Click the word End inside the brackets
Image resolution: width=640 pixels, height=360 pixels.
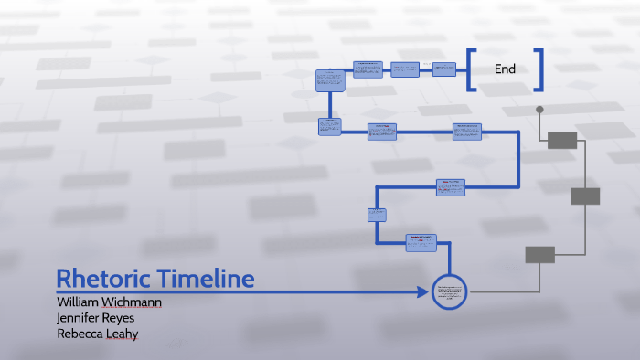click(505, 69)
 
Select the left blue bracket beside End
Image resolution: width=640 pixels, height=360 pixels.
click(471, 69)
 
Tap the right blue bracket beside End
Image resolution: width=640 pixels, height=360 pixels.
click(539, 69)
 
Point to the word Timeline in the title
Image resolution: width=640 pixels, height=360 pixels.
click(204, 279)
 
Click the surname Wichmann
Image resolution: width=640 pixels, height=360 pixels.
click(135, 302)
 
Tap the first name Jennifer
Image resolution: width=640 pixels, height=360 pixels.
click(80, 317)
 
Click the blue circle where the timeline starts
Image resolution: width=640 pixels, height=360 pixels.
click(449, 292)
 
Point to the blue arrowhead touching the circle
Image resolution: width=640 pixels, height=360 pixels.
click(423, 292)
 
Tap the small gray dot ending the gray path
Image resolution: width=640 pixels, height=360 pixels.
click(539, 110)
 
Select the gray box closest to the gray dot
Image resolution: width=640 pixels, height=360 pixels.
click(562, 140)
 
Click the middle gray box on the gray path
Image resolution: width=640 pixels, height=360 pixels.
click(585, 196)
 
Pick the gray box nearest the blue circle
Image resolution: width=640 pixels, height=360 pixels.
click(539, 255)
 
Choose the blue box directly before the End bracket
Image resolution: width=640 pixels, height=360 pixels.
click(444, 69)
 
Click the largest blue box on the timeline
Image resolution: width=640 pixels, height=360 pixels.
click(329, 79)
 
